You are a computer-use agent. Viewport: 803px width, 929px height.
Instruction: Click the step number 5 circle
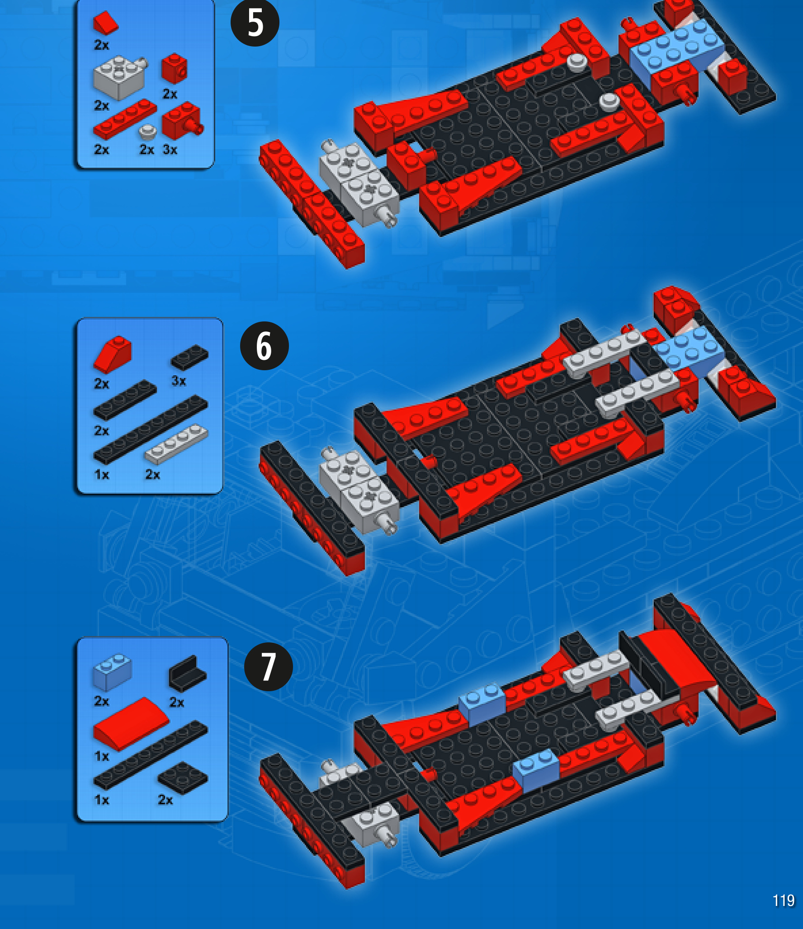255,23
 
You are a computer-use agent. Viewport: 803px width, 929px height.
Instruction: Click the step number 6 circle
264,346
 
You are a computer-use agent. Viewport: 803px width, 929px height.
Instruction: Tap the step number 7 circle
268,666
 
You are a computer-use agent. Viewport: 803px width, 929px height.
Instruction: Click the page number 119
783,901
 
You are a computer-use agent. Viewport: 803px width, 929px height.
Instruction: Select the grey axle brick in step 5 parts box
119,77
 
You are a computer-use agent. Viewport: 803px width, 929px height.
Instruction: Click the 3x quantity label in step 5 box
170,150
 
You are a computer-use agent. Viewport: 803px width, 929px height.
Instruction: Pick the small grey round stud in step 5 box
147,132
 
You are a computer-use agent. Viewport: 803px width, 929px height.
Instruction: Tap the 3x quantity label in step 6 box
179,381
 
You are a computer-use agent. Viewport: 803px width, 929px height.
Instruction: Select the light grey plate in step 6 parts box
176,444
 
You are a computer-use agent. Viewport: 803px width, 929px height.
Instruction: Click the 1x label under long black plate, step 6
102,475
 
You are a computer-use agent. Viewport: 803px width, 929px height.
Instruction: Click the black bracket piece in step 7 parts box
187,674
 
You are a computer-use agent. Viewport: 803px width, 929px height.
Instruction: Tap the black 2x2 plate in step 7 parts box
182,777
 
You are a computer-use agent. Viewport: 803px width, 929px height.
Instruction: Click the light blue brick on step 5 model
676,47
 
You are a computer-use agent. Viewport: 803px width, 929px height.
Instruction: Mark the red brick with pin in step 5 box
182,121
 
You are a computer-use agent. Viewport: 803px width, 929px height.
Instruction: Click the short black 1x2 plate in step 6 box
189,357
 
